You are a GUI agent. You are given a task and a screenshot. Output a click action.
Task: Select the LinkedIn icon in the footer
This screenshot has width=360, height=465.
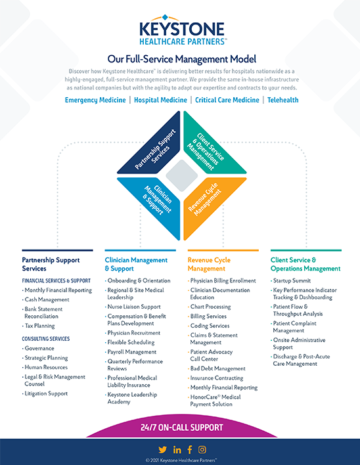point(177,449)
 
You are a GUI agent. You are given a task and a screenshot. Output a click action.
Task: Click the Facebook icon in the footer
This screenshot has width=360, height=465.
point(190,449)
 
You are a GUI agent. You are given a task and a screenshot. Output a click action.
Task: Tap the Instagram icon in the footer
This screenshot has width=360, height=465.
point(202,449)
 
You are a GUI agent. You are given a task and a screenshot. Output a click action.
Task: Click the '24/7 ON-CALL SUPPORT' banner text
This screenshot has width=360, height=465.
point(182,428)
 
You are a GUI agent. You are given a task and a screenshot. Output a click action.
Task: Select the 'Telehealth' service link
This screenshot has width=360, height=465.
point(282,100)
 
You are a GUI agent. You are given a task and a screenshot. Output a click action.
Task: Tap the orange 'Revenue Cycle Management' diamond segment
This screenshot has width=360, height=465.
point(210,204)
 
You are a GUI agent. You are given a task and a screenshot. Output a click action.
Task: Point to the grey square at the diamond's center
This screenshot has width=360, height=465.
point(180,176)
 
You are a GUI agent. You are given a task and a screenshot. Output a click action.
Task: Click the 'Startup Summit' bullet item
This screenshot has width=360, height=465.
point(292,280)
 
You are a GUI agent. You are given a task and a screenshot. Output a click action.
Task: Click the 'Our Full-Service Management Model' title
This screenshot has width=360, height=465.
point(181,58)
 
